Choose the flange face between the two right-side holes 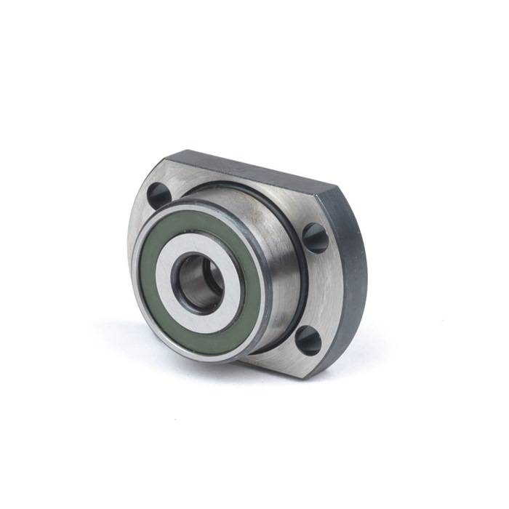(x=320, y=287)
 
